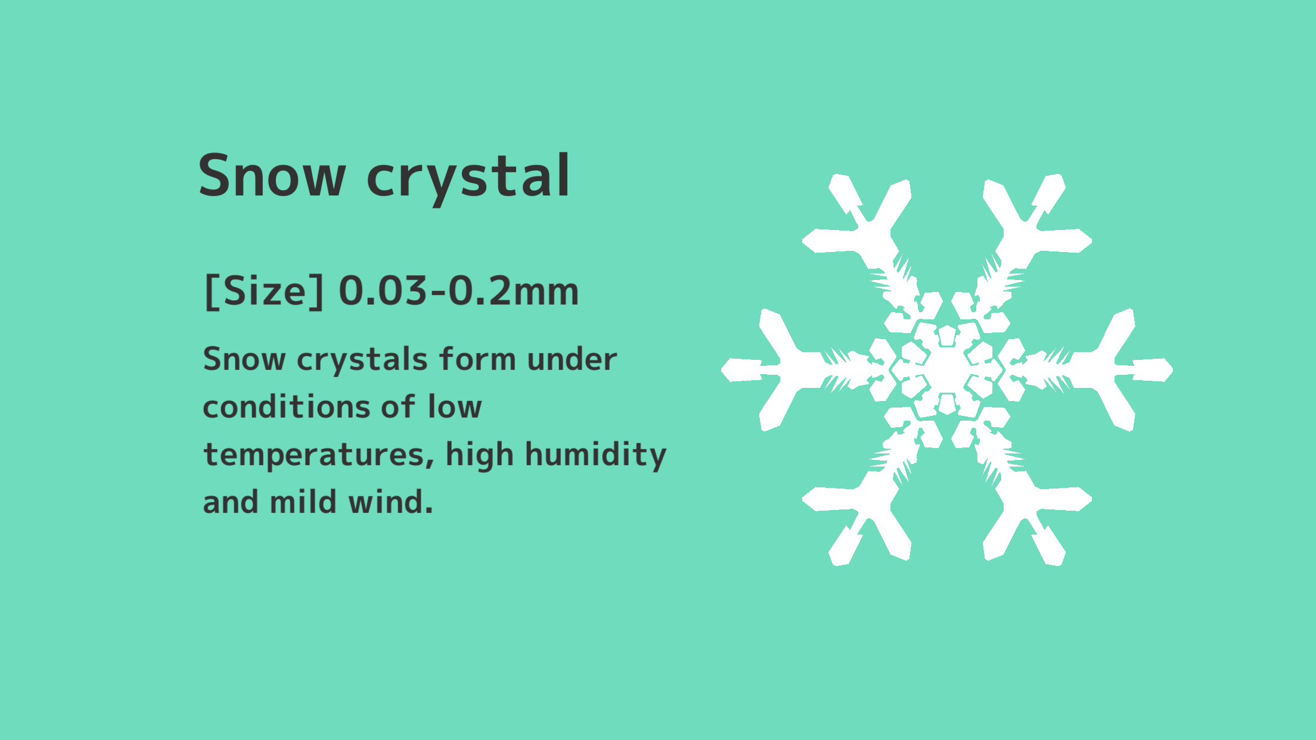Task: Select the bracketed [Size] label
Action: [x=264, y=291]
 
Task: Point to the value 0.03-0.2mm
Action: [x=458, y=291]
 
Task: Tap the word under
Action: [x=572, y=359]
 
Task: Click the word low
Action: [x=455, y=407]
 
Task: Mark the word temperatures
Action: [x=319, y=456]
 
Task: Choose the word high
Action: [x=479, y=456]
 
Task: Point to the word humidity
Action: [x=596, y=456]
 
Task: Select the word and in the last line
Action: [x=230, y=502]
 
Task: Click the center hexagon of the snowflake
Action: [x=947, y=369]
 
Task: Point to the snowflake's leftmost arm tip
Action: [x=722, y=370]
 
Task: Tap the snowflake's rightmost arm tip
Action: [x=1172, y=370]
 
